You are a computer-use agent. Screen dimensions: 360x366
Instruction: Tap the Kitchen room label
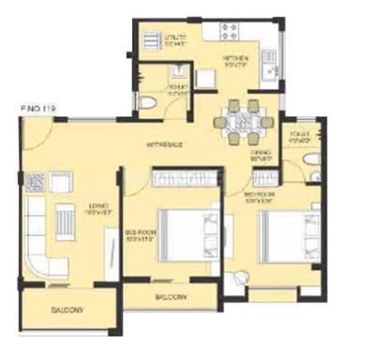pos(234,61)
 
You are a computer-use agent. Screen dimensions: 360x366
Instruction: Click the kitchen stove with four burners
pos(229,30)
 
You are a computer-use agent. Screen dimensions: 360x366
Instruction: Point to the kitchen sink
pos(270,66)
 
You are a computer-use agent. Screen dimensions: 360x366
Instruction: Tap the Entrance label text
pos(165,144)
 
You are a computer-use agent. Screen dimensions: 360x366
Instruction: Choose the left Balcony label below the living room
pos(68,308)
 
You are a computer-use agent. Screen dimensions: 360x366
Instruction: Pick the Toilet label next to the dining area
pos(300,138)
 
